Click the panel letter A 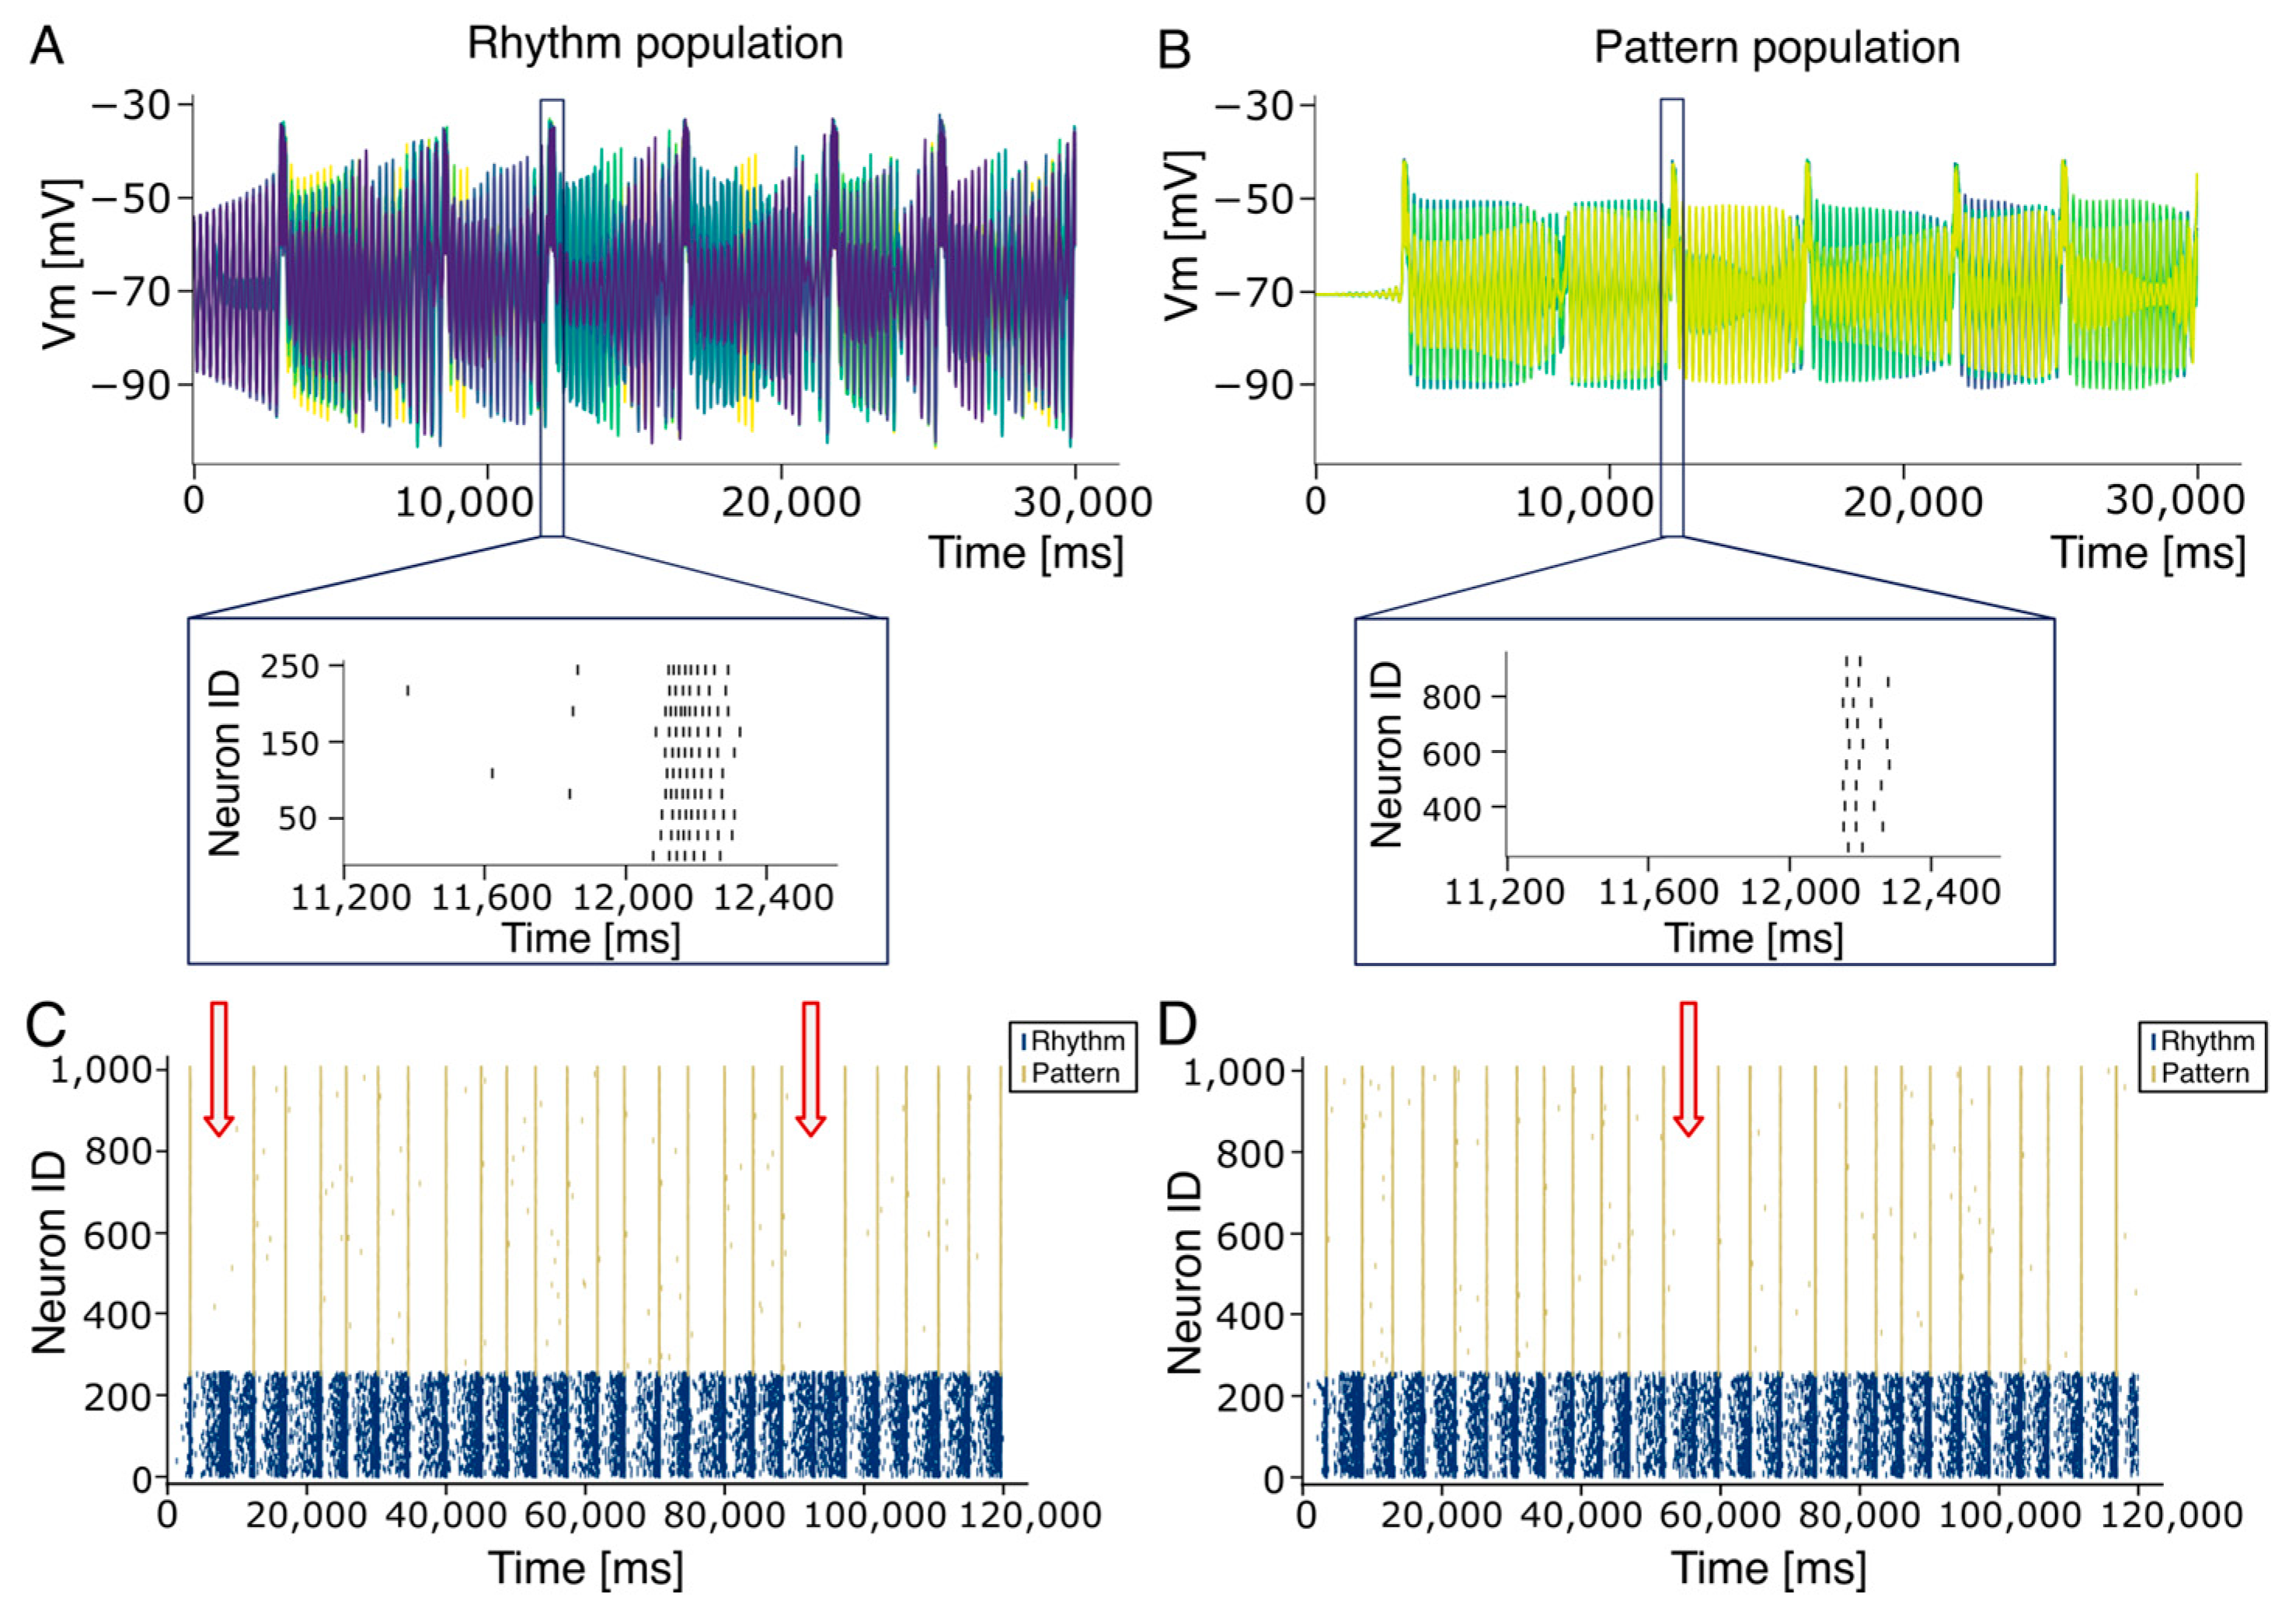(x=47, y=47)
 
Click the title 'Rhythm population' (x=655, y=44)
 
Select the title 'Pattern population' (x=1777, y=47)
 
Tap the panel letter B (x=1175, y=50)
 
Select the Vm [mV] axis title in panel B (x=1182, y=235)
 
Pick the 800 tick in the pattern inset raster (x=1452, y=698)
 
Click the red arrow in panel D (x=1688, y=1066)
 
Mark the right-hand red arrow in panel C (x=811, y=1066)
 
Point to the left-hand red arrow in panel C (x=218, y=1066)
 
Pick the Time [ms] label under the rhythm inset (x=591, y=938)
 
